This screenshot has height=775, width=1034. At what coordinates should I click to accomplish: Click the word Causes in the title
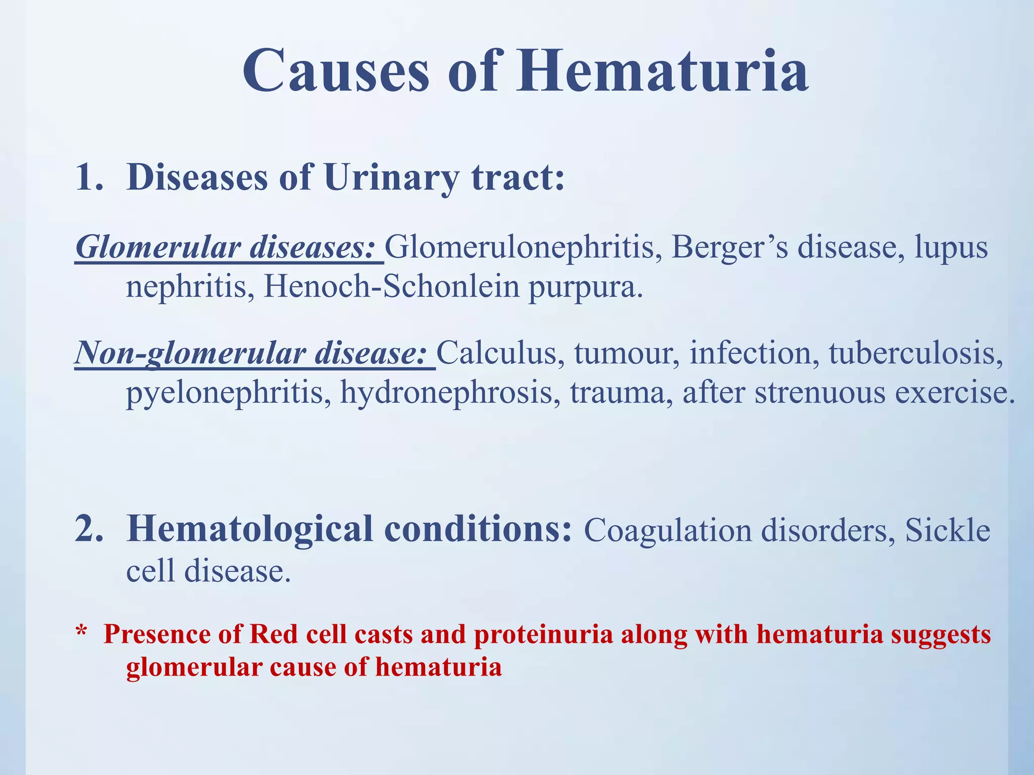(336, 72)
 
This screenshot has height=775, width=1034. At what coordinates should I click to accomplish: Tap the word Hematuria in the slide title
(662, 72)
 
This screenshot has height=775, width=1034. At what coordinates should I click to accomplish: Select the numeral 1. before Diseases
(89, 178)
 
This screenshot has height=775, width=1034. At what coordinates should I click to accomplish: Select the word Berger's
(729, 248)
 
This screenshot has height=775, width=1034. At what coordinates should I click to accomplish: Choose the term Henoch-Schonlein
(391, 287)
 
